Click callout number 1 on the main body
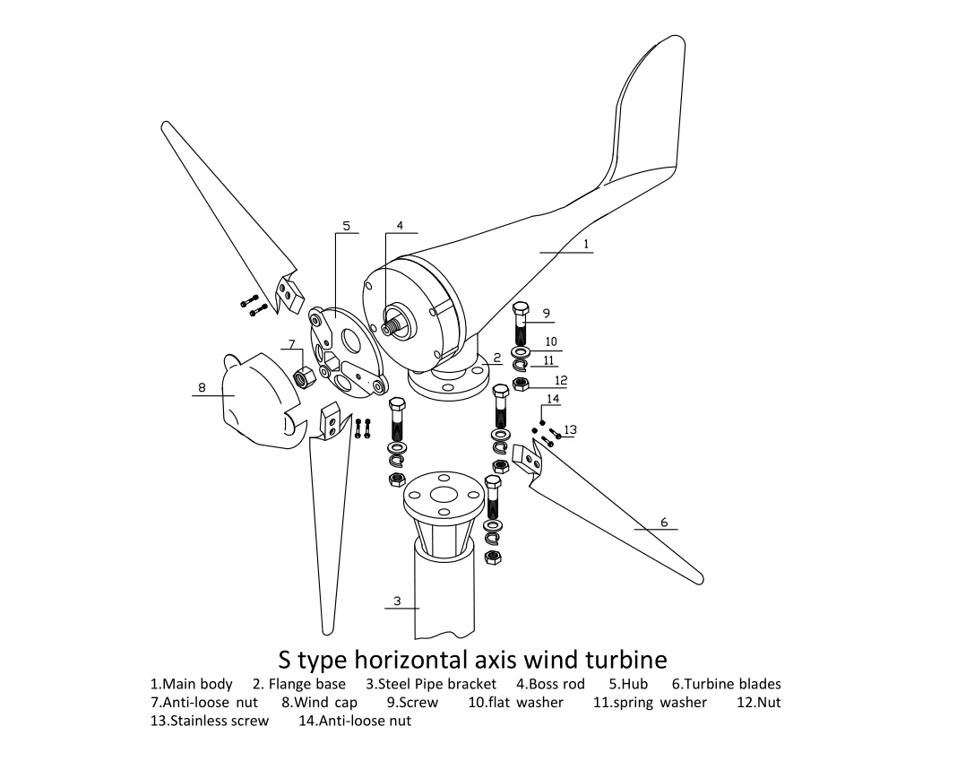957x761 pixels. pos(586,243)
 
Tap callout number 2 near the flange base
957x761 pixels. pos(497,357)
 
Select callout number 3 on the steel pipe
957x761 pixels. pos(398,601)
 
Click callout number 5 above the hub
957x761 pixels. pos(346,225)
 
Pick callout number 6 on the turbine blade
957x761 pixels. pos(664,522)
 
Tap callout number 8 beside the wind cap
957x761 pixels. pos(202,388)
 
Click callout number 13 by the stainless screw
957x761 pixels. pos(570,430)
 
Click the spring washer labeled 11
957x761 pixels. pos(521,363)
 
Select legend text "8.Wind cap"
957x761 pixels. pos(319,703)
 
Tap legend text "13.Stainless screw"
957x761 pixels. pos(209,721)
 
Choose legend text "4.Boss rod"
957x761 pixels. pos(550,684)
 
